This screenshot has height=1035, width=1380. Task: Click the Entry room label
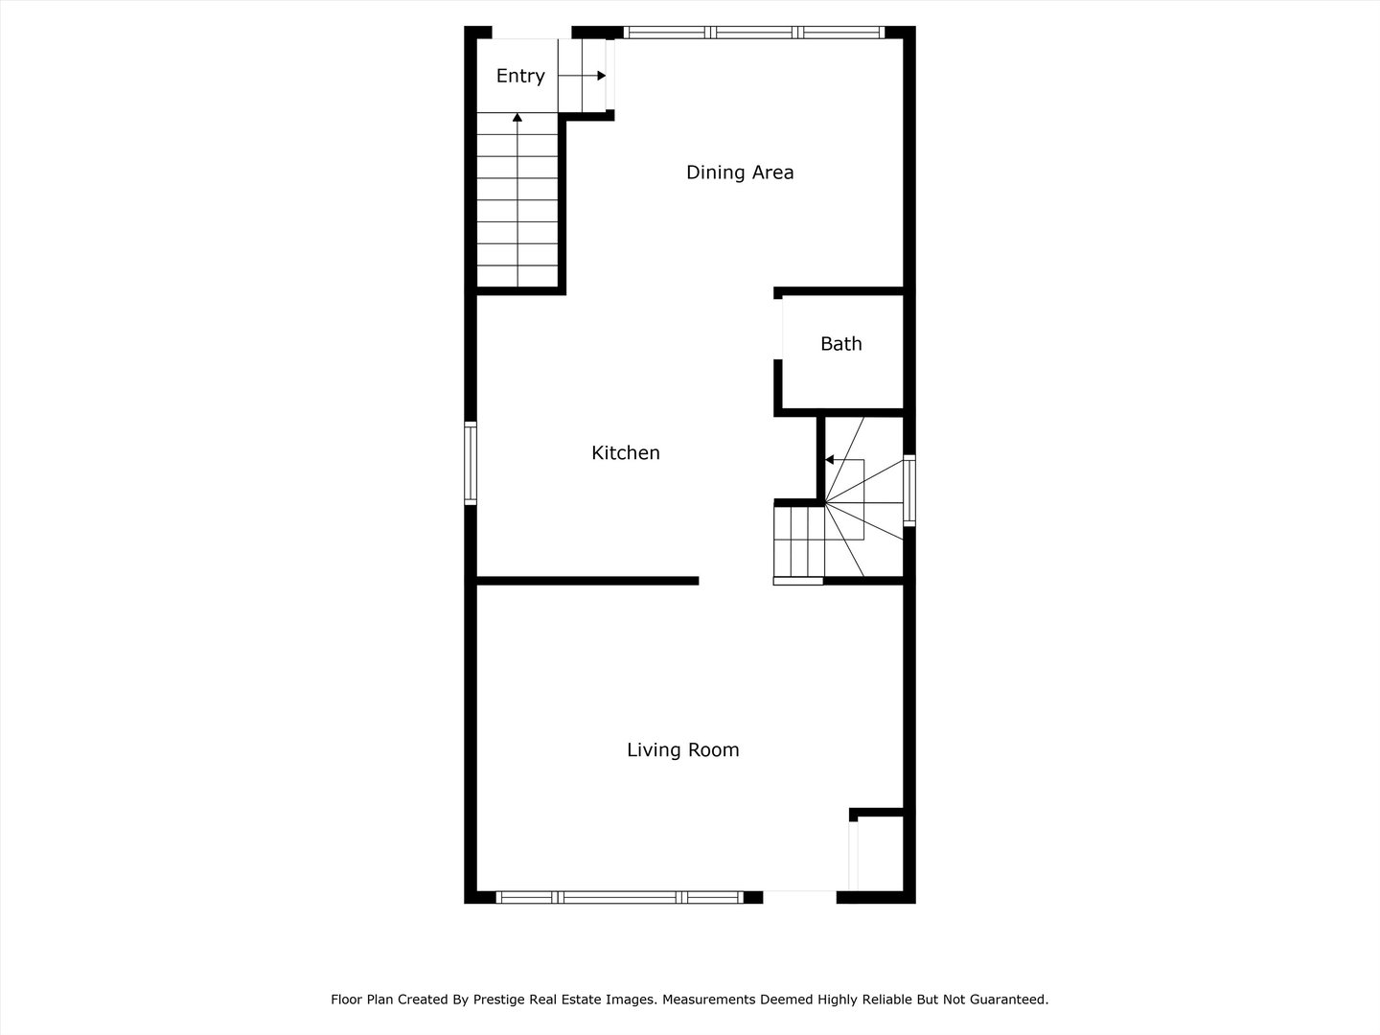(520, 76)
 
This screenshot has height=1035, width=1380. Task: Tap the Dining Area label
(739, 172)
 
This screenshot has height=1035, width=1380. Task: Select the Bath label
(840, 344)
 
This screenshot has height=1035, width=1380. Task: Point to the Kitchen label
(626, 452)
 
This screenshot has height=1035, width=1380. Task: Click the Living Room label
(682, 749)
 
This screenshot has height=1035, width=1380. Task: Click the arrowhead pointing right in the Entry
(602, 76)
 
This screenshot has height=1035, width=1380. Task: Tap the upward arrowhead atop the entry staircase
(517, 118)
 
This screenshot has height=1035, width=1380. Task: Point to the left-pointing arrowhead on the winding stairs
(829, 460)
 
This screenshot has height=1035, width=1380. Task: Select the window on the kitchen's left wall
(471, 463)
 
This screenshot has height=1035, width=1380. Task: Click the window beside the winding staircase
(909, 490)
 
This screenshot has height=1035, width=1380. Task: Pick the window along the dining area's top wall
(754, 32)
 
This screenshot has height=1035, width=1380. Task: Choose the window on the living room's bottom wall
(620, 897)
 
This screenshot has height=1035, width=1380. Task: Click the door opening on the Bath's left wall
(778, 330)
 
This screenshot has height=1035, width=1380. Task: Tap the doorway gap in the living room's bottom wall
(799, 897)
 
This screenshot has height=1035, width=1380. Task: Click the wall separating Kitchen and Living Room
(587, 581)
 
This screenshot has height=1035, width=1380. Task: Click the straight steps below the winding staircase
(798, 541)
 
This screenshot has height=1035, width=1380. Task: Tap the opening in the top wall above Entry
(531, 32)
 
